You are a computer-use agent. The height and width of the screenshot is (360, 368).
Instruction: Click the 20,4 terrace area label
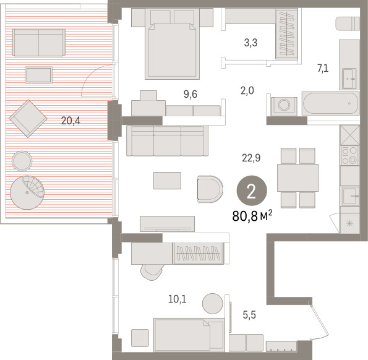(71, 121)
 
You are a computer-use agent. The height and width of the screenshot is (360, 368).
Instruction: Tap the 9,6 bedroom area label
(190, 95)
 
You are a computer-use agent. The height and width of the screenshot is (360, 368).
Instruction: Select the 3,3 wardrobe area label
(250, 43)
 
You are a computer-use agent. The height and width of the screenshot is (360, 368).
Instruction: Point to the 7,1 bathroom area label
(323, 69)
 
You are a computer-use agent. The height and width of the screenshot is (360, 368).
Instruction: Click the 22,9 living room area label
(251, 158)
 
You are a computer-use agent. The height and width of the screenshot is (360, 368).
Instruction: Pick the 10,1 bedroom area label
(177, 299)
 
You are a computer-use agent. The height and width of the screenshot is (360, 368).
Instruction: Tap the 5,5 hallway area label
(249, 315)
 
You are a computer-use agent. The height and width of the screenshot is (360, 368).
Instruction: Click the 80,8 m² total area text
(252, 216)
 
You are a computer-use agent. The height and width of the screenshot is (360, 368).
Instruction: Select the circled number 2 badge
(252, 191)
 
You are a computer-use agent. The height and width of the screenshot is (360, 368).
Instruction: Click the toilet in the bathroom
(348, 24)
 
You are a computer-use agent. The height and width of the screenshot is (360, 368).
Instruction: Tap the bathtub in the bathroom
(330, 103)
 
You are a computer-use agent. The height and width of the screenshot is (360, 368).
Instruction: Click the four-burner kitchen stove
(349, 155)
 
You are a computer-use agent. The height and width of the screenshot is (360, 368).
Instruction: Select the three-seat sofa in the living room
(167, 140)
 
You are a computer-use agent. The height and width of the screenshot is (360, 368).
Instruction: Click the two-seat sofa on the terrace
(39, 43)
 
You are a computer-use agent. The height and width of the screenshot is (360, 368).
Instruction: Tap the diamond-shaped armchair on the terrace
(28, 119)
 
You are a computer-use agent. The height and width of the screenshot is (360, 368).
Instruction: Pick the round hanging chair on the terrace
(27, 192)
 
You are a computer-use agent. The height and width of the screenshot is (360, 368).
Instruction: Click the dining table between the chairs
(297, 178)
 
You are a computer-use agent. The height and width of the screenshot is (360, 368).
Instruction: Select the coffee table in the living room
(167, 181)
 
